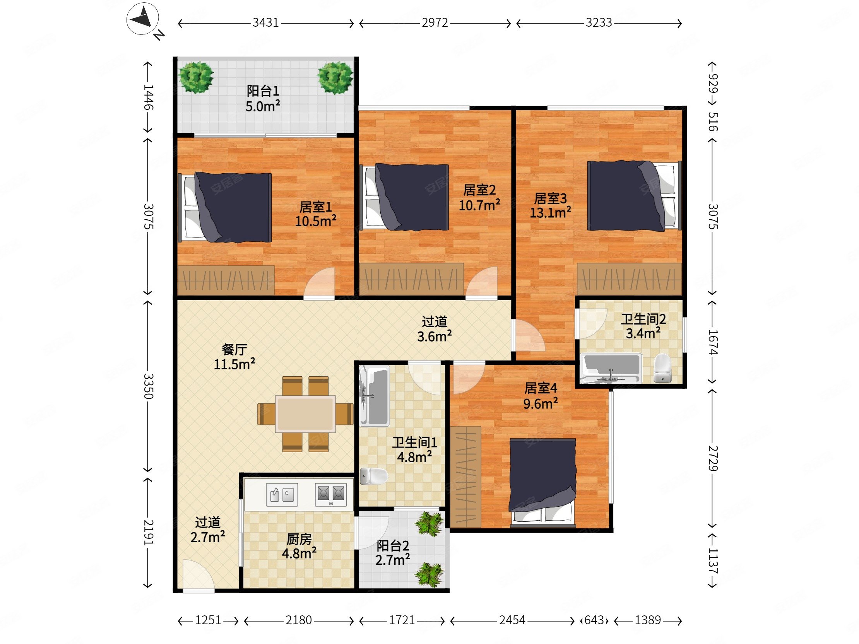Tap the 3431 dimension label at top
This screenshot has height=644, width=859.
265,23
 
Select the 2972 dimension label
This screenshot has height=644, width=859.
435,23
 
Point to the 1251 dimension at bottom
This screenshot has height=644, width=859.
208,620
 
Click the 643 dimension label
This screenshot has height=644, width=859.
594,620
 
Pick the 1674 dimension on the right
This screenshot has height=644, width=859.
713,342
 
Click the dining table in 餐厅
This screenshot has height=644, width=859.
306,414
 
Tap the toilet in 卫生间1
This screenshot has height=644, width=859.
373,476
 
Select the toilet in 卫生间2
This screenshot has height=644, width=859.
662,368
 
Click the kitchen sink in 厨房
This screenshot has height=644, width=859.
282,495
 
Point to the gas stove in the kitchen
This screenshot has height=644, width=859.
331,495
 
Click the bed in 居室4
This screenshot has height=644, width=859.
542,482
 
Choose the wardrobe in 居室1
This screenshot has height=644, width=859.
226,280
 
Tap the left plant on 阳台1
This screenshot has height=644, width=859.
196,77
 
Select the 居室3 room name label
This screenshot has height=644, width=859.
550,198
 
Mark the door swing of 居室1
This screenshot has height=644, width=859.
319,283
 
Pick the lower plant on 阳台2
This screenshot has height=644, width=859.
429,575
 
